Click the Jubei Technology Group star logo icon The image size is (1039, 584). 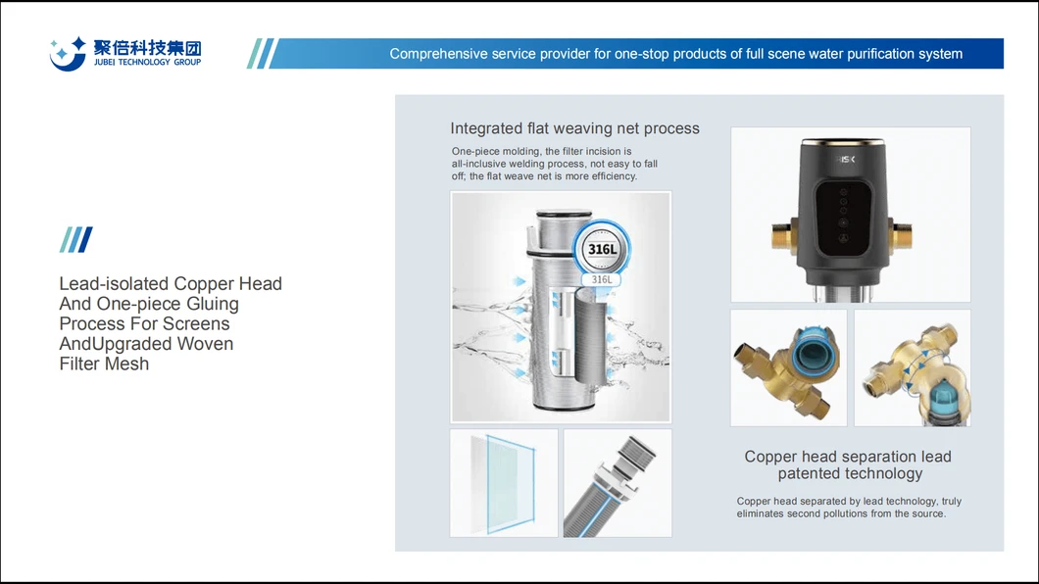(x=68, y=53)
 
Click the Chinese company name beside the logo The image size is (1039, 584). (x=147, y=47)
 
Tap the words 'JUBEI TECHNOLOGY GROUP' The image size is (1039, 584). (x=147, y=63)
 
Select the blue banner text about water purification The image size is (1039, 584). (x=675, y=54)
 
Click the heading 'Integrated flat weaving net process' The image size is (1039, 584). (x=574, y=128)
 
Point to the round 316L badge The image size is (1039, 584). (x=601, y=249)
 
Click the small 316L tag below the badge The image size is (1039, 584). (x=601, y=279)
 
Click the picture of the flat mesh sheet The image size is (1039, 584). (x=504, y=482)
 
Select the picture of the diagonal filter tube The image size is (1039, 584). (x=618, y=482)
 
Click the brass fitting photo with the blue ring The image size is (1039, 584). (x=788, y=367)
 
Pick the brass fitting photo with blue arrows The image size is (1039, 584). (x=912, y=367)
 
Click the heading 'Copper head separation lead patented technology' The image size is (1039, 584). (x=848, y=464)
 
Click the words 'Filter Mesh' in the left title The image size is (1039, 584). (x=104, y=364)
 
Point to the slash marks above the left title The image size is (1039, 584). (x=75, y=240)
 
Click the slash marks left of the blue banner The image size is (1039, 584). (x=262, y=54)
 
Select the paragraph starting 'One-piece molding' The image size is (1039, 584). (x=554, y=164)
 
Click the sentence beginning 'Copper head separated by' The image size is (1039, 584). (x=849, y=508)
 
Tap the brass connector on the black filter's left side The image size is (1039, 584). (x=783, y=234)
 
